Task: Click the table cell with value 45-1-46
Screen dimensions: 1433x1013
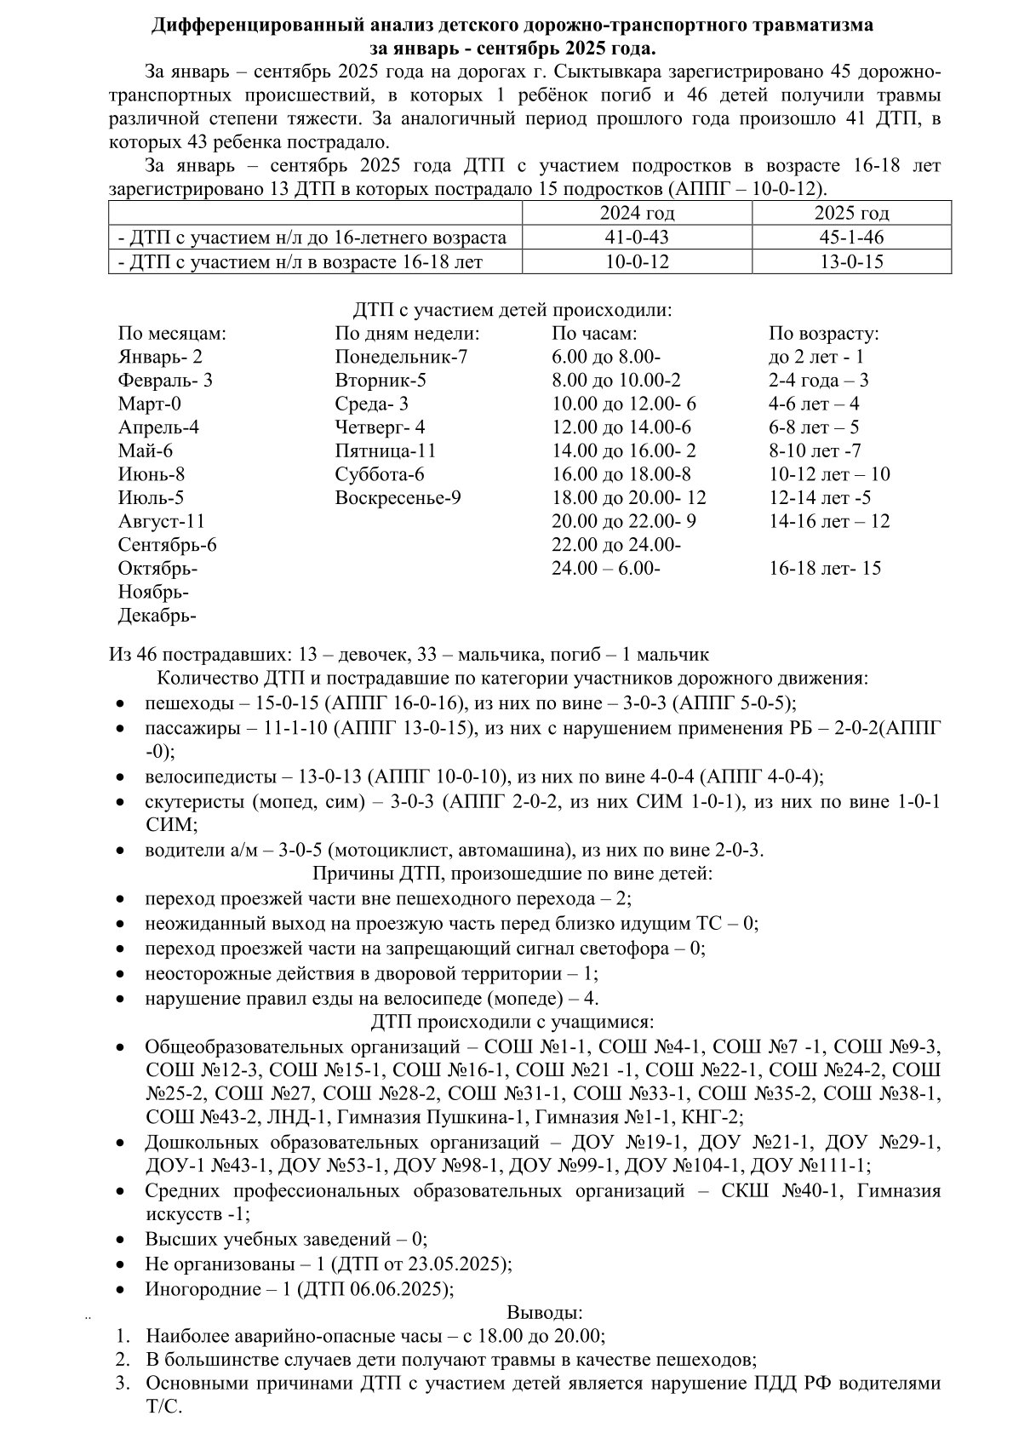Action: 851,238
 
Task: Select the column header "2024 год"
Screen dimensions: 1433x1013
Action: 637,214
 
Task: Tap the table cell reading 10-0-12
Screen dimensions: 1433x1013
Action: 637,261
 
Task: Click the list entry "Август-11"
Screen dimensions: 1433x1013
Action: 162,521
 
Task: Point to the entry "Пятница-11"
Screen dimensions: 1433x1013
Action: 386,451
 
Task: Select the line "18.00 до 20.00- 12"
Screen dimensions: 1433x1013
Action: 629,498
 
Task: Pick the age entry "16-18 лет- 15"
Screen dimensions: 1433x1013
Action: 825,568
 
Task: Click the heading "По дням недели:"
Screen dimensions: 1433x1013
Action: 407,334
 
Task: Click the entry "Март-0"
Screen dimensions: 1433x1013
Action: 150,404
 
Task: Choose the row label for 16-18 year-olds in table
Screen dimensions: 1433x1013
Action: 300,262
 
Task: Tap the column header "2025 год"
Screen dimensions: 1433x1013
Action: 851,214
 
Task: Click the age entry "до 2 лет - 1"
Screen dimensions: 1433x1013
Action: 816,358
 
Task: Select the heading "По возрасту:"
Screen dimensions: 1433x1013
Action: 823,334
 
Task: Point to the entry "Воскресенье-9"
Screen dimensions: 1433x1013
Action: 398,498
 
